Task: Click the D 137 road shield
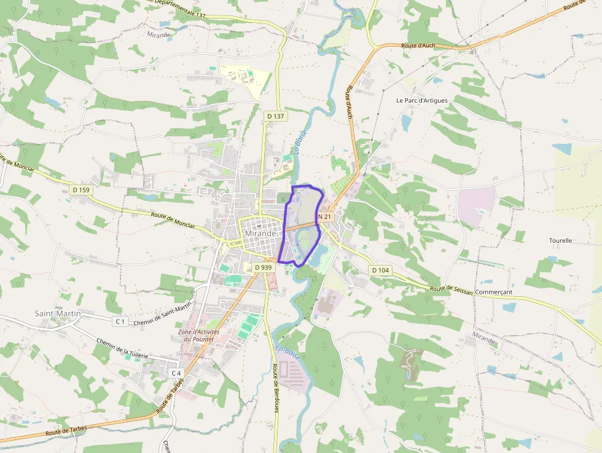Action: pos(276,116)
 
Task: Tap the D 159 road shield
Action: pos(80,190)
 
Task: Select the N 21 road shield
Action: pos(325,217)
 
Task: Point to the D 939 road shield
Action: pos(262,267)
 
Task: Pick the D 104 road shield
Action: pos(380,270)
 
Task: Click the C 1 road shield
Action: pos(120,321)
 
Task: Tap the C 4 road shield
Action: pos(176,373)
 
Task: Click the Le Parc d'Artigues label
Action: pos(422,100)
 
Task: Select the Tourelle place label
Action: pos(560,240)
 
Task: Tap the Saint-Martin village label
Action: pos(58,313)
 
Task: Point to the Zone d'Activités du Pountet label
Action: pos(198,336)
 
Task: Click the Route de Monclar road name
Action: pos(173,220)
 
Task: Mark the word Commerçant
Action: pos(493,293)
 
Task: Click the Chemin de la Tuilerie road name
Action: pos(122,350)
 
